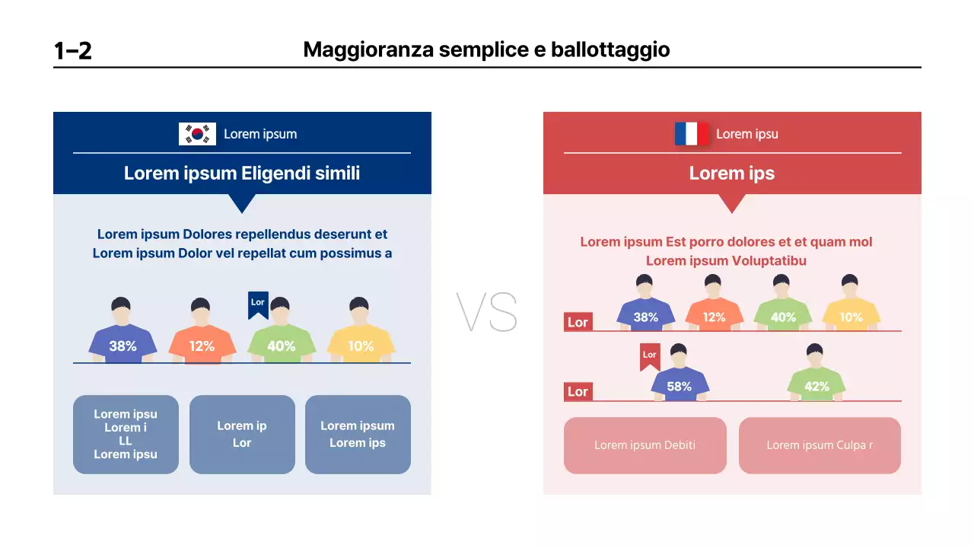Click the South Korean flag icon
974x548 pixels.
pos(197,134)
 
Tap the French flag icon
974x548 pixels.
pos(691,134)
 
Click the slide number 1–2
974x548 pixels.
pos(73,51)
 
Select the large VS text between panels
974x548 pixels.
pos(487,312)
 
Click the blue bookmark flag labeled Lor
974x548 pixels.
pos(258,304)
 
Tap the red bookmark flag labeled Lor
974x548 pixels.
pos(649,356)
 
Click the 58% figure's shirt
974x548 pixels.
pos(680,385)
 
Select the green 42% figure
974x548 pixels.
pos(816,377)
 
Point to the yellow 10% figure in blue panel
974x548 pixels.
pos(361,335)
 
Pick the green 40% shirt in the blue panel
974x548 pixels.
pos(281,344)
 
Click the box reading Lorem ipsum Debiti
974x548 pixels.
pos(645,445)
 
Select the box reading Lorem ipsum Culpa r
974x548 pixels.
pos(820,445)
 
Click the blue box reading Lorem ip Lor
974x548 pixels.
pos(242,435)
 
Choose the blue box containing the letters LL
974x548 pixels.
pos(126,435)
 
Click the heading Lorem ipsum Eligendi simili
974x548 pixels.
pos(242,174)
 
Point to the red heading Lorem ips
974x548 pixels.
pos(731,174)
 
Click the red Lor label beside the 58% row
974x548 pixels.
pos(578,392)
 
